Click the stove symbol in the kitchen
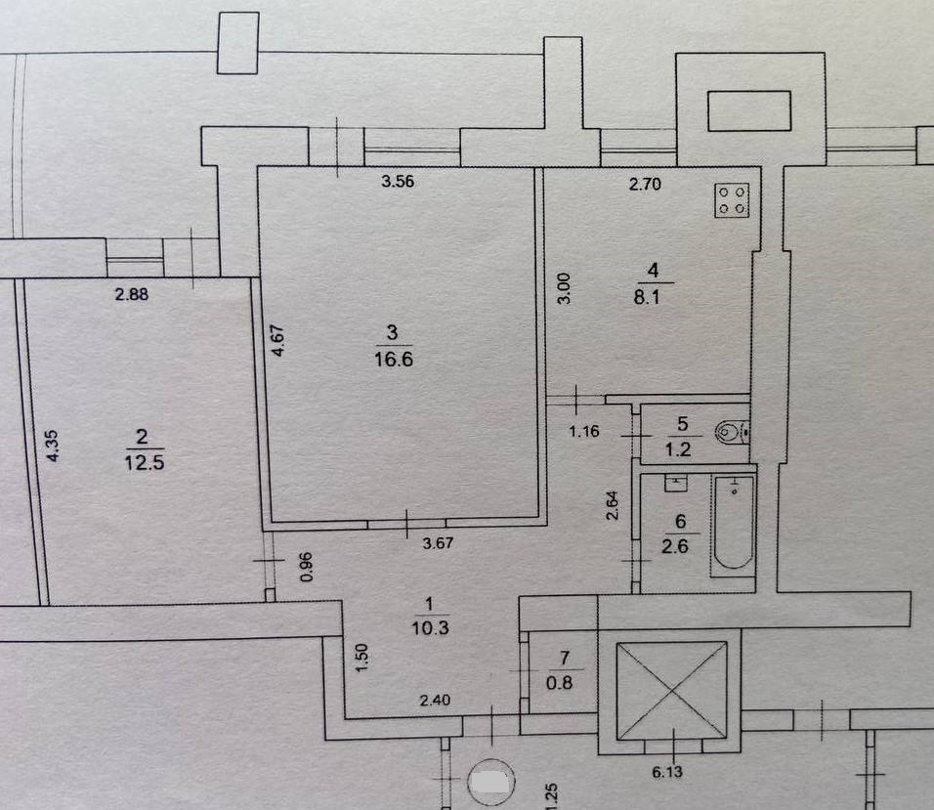pyautogui.click(x=732, y=200)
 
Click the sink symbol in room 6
pyautogui.click(x=675, y=483)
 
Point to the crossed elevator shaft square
pyautogui.click(x=671, y=690)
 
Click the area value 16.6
pyautogui.click(x=393, y=360)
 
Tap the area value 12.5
pyautogui.click(x=145, y=462)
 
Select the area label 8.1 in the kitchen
pyautogui.click(x=647, y=297)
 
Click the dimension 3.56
pyautogui.click(x=398, y=181)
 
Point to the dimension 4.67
pyautogui.click(x=277, y=340)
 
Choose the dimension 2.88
pyautogui.click(x=132, y=294)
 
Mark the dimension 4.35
pyautogui.click(x=53, y=446)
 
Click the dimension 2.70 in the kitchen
pyautogui.click(x=645, y=184)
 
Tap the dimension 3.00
pyautogui.click(x=564, y=288)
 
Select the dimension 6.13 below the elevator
pyautogui.click(x=667, y=772)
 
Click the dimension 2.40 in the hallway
pyautogui.click(x=435, y=701)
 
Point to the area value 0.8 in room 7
pyautogui.click(x=560, y=683)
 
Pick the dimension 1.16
pyautogui.click(x=584, y=431)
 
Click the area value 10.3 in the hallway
pyautogui.click(x=430, y=627)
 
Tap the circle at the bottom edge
pyautogui.click(x=491, y=782)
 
